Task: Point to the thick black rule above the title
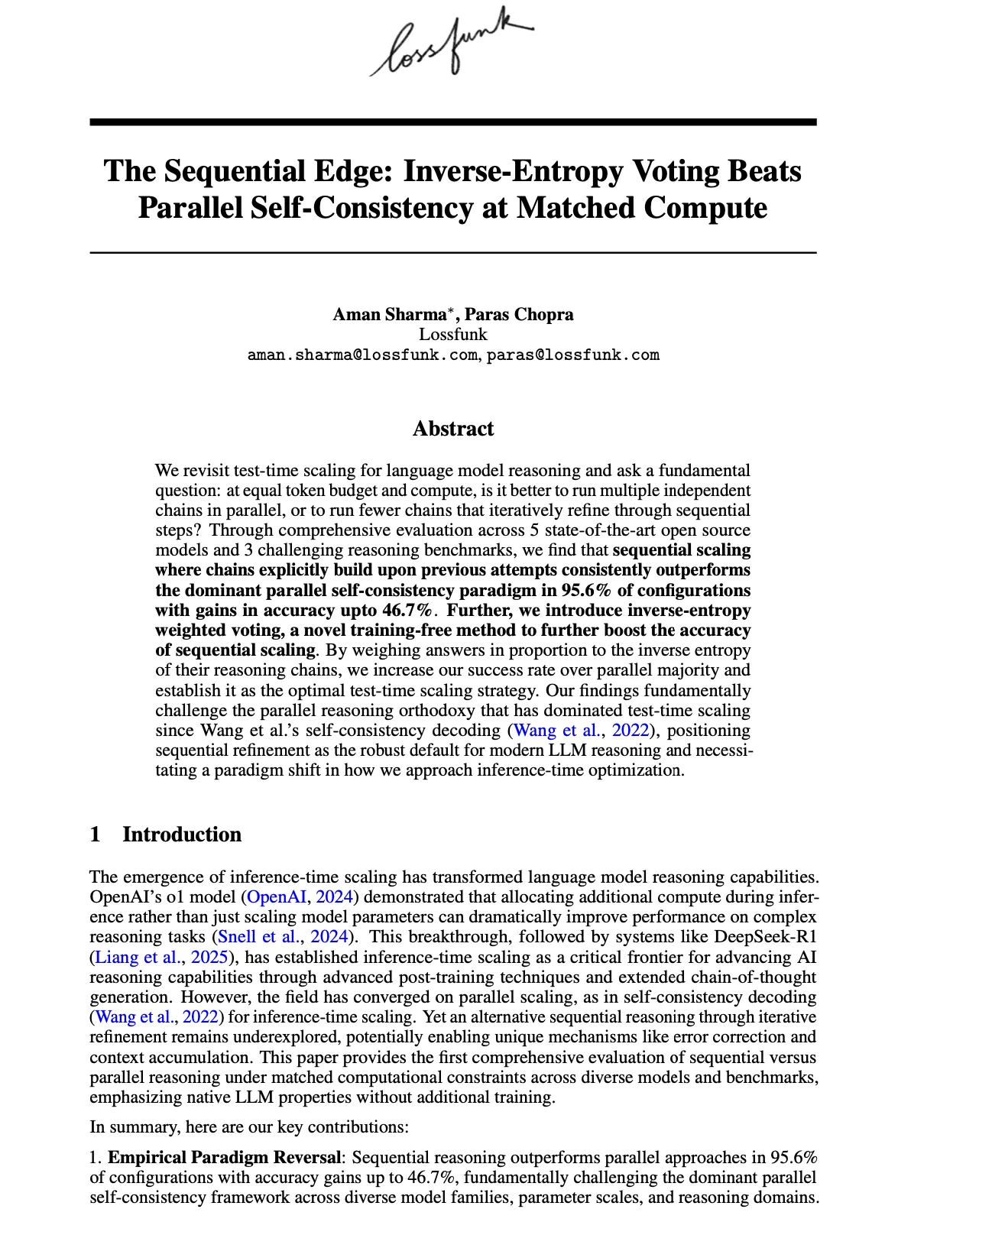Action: coord(453,122)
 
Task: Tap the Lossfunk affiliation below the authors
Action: coord(453,334)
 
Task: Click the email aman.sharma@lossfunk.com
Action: coord(362,355)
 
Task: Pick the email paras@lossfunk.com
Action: coord(573,355)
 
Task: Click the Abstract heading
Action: coord(453,429)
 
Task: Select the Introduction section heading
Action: coord(182,834)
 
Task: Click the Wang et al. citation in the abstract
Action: coord(556,731)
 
